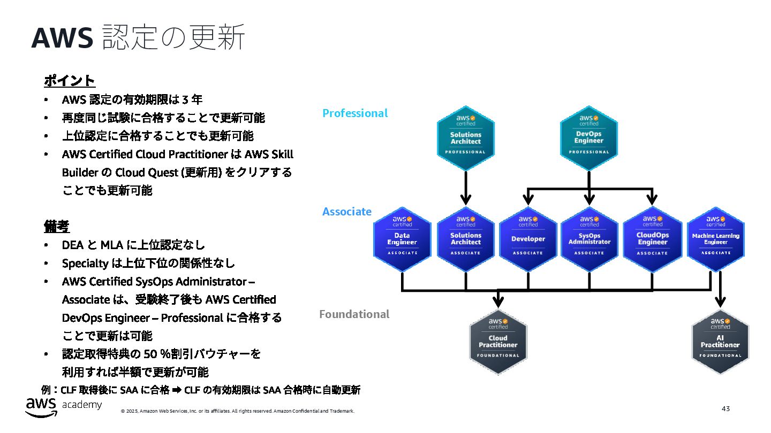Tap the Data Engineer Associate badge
pyautogui.click(x=402, y=238)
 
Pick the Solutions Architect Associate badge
pyautogui.click(x=465, y=238)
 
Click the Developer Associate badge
pyautogui.click(x=528, y=238)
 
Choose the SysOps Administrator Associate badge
pyautogui.click(x=589, y=238)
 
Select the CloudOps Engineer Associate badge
pyautogui.click(x=652, y=238)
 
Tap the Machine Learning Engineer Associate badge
pyautogui.click(x=715, y=238)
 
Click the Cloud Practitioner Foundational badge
pyautogui.click(x=498, y=341)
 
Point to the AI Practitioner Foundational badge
pyautogui.click(x=720, y=341)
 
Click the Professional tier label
pyautogui.click(x=355, y=113)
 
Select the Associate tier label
pyautogui.click(x=347, y=212)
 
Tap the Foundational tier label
pyautogui.click(x=354, y=314)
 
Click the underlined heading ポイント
pyautogui.click(x=70, y=81)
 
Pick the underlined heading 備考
pyautogui.click(x=57, y=226)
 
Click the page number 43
pyautogui.click(x=725, y=409)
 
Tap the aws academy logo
pyautogui.click(x=63, y=406)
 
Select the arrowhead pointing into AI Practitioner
pyautogui.click(x=720, y=302)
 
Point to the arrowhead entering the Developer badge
pyautogui.click(x=528, y=200)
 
